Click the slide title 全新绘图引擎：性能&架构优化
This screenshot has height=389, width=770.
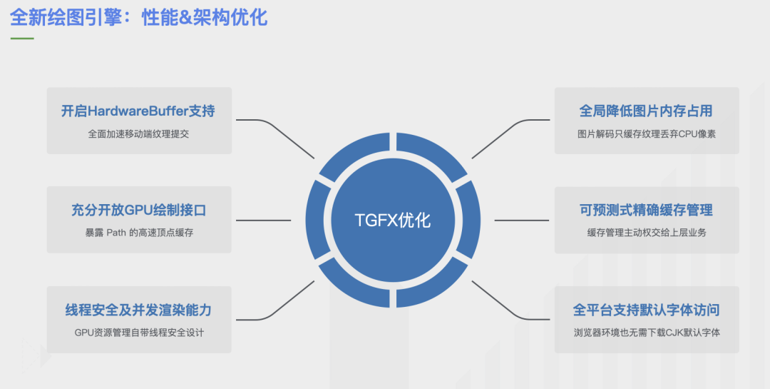[138, 16]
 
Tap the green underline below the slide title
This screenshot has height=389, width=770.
[21, 39]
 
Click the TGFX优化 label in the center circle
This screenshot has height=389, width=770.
[393, 220]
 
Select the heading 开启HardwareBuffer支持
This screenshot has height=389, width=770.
[138, 111]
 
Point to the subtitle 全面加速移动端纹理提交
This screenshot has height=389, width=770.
[138, 133]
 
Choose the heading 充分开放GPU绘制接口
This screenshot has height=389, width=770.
[138, 211]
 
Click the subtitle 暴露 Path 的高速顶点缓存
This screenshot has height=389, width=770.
[138, 233]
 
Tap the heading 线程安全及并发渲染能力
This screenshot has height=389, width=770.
[138, 310]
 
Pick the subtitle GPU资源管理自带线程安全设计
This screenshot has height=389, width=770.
[138, 333]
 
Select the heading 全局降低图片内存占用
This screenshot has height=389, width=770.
[646, 111]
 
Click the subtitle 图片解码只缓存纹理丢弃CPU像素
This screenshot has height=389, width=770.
[646, 133]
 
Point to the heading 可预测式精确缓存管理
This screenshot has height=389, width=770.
[646, 211]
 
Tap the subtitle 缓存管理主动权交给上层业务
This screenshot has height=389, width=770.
[646, 233]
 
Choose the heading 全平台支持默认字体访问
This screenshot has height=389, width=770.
[646, 310]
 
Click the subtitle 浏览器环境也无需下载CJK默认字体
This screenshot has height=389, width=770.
[646, 333]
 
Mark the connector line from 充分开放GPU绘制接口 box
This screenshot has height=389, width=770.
[264, 220]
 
